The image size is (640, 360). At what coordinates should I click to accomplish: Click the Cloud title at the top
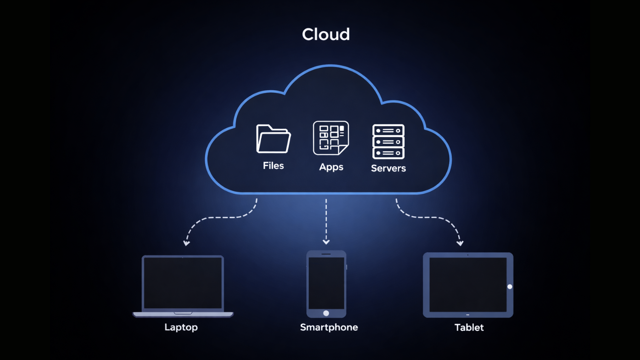(x=326, y=34)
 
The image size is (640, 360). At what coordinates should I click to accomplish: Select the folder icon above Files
(x=273, y=139)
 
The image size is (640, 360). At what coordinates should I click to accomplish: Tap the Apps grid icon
(x=331, y=138)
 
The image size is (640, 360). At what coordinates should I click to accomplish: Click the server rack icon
(x=388, y=142)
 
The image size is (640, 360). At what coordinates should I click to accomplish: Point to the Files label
(x=273, y=166)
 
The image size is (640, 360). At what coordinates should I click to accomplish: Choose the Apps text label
(x=331, y=167)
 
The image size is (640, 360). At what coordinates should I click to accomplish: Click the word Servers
(x=388, y=168)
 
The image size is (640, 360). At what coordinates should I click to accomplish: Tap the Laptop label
(x=181, y=327)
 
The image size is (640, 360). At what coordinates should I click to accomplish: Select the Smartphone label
(x=329, y=327)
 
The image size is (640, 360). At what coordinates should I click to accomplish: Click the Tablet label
(x=469, y=327)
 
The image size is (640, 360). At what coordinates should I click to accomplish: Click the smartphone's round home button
(x=326, y=313)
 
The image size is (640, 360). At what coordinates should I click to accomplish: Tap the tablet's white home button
(x=510, y=287)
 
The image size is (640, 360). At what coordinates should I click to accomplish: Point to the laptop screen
(x=183, y=283)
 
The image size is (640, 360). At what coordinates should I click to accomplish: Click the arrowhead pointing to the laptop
(x=187, y=243)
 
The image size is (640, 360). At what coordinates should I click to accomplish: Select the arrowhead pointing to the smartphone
(x=326, y=242)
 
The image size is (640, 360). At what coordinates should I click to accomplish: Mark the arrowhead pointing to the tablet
(x=460, y=243)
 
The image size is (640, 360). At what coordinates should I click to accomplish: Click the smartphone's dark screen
(x=326, y=283)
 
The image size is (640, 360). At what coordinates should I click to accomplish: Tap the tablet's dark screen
(x=467, y=285)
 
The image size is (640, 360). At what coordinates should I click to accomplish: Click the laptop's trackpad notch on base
(x=183, y=313)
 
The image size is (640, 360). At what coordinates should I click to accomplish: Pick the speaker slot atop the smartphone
(x=326, y=254)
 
